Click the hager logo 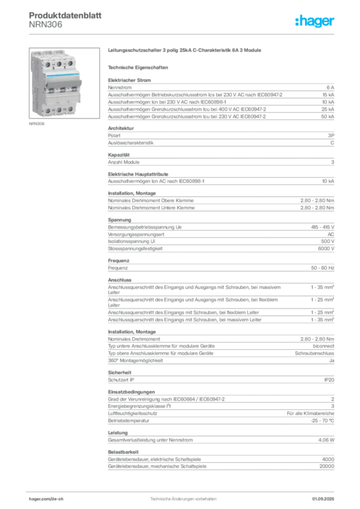[315, 21]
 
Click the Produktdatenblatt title [65, 15]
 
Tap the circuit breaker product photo [64, 83]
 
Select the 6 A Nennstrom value [330, 87]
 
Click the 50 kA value [328, 116]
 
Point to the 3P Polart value [331, 136]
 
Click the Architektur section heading [121, 128]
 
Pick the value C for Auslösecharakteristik [332, 143]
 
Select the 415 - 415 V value [322, 227]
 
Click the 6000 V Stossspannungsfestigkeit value [326, 249]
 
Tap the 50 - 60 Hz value [322, 268]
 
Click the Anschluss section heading [120, 280]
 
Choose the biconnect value [323, 346]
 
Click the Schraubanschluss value [314, 353]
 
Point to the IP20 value [329, 380]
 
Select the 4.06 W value [326, 440]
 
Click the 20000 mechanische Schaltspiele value [327, 466]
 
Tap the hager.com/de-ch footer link [46, 499]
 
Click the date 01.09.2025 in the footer [323, 499]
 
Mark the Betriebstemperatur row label [129, 421]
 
